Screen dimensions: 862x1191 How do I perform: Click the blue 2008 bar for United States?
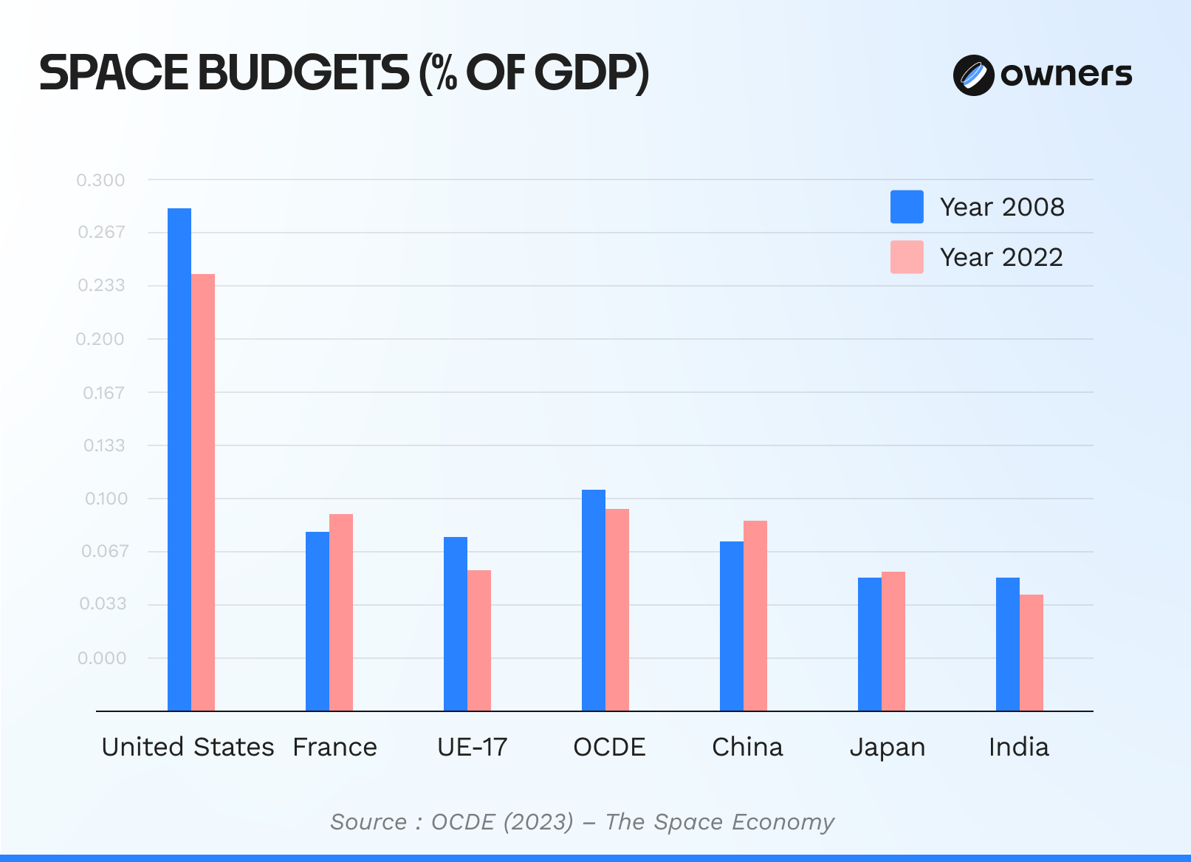[x=179, y=458]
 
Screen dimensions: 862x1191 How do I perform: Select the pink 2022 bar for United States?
[x=203, y=491]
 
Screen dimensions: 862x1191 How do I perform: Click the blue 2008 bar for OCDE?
[x=594, y=599]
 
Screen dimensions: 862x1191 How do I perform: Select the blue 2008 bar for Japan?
[x=870, y=643]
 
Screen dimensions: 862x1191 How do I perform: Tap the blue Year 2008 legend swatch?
[x=907, y=207]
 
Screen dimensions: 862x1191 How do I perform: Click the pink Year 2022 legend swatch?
[x=907, y=257]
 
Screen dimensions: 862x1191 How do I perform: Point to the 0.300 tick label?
[x=101, y=180]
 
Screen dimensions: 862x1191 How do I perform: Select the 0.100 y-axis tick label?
[x=106, y=499]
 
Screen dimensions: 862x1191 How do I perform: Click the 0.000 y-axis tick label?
[x=102, y=658]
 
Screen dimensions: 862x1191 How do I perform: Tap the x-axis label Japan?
[x=888, y=748]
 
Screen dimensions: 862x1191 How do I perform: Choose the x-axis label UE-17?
[x=473, y=748]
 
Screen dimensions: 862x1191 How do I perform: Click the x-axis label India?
[x=1019, y=748]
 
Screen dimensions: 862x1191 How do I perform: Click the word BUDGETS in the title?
[x=303, y=73]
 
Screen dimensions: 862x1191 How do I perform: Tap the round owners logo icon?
[x=973, y=75]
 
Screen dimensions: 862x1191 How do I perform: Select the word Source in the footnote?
[x=368, y=822]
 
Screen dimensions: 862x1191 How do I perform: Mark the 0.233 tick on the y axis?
[x=102, y=285]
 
